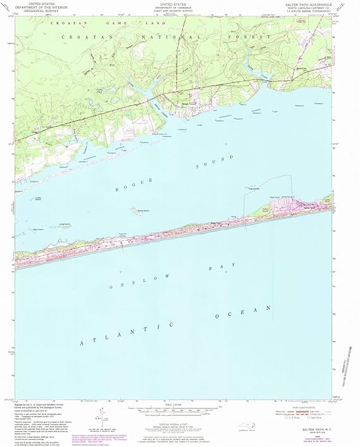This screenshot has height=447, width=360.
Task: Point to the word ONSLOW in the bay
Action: point(133,285)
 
